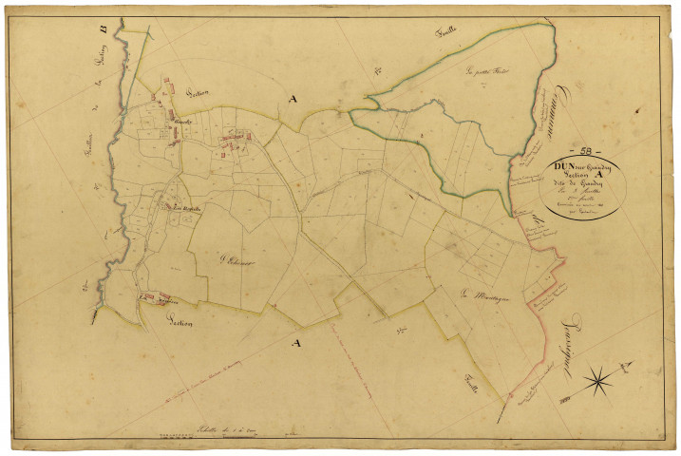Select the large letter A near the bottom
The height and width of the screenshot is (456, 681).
pyautogui.click(x=296, y=341)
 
